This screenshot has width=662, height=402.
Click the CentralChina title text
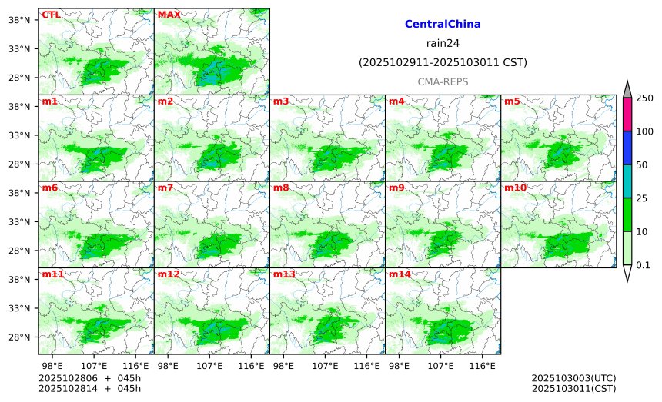click(443, 25)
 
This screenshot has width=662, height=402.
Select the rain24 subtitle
click(443, 43)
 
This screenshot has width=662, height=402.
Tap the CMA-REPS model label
click(443, 81)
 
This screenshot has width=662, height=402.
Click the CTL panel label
click(51, 15)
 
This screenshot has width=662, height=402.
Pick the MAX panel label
click(169, 15)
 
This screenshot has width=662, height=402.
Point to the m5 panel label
click(512, 101)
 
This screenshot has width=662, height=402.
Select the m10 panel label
click(515, 188)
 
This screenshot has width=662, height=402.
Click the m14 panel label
click(400, 274)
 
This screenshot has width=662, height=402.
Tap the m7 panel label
click(165, 188)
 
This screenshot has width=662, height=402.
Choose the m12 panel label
click(169, 274)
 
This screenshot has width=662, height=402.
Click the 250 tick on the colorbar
click(644, 98)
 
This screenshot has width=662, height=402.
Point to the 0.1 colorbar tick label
click(644, 265)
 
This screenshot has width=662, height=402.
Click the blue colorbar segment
click(627, 147)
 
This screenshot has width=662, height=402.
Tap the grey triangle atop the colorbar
click(627, 90)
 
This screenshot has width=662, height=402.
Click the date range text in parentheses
click(443, 62)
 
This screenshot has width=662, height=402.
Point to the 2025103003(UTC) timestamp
click(573, 378)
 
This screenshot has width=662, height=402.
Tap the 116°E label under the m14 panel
click(483, 365)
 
